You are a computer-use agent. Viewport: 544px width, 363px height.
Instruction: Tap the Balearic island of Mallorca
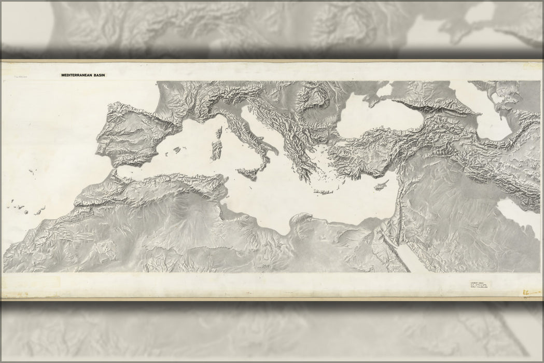click(177, 150)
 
